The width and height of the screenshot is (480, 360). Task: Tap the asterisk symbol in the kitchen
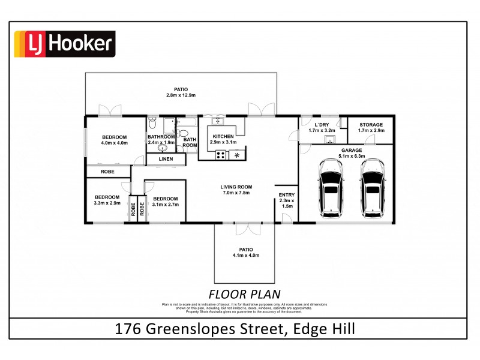pos(238,156)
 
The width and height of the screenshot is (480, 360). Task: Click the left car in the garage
pos(332,188)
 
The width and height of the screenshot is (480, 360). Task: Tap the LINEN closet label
pos(166,160)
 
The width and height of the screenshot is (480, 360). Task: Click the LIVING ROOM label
pos(236,187)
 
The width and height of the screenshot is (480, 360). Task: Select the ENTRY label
pos(286,194)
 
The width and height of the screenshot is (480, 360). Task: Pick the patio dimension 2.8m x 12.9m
pos(181,95)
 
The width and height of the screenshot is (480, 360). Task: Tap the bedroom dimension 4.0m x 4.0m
pos(114,143)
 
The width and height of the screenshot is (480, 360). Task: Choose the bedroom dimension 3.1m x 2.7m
pos(165,205)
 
